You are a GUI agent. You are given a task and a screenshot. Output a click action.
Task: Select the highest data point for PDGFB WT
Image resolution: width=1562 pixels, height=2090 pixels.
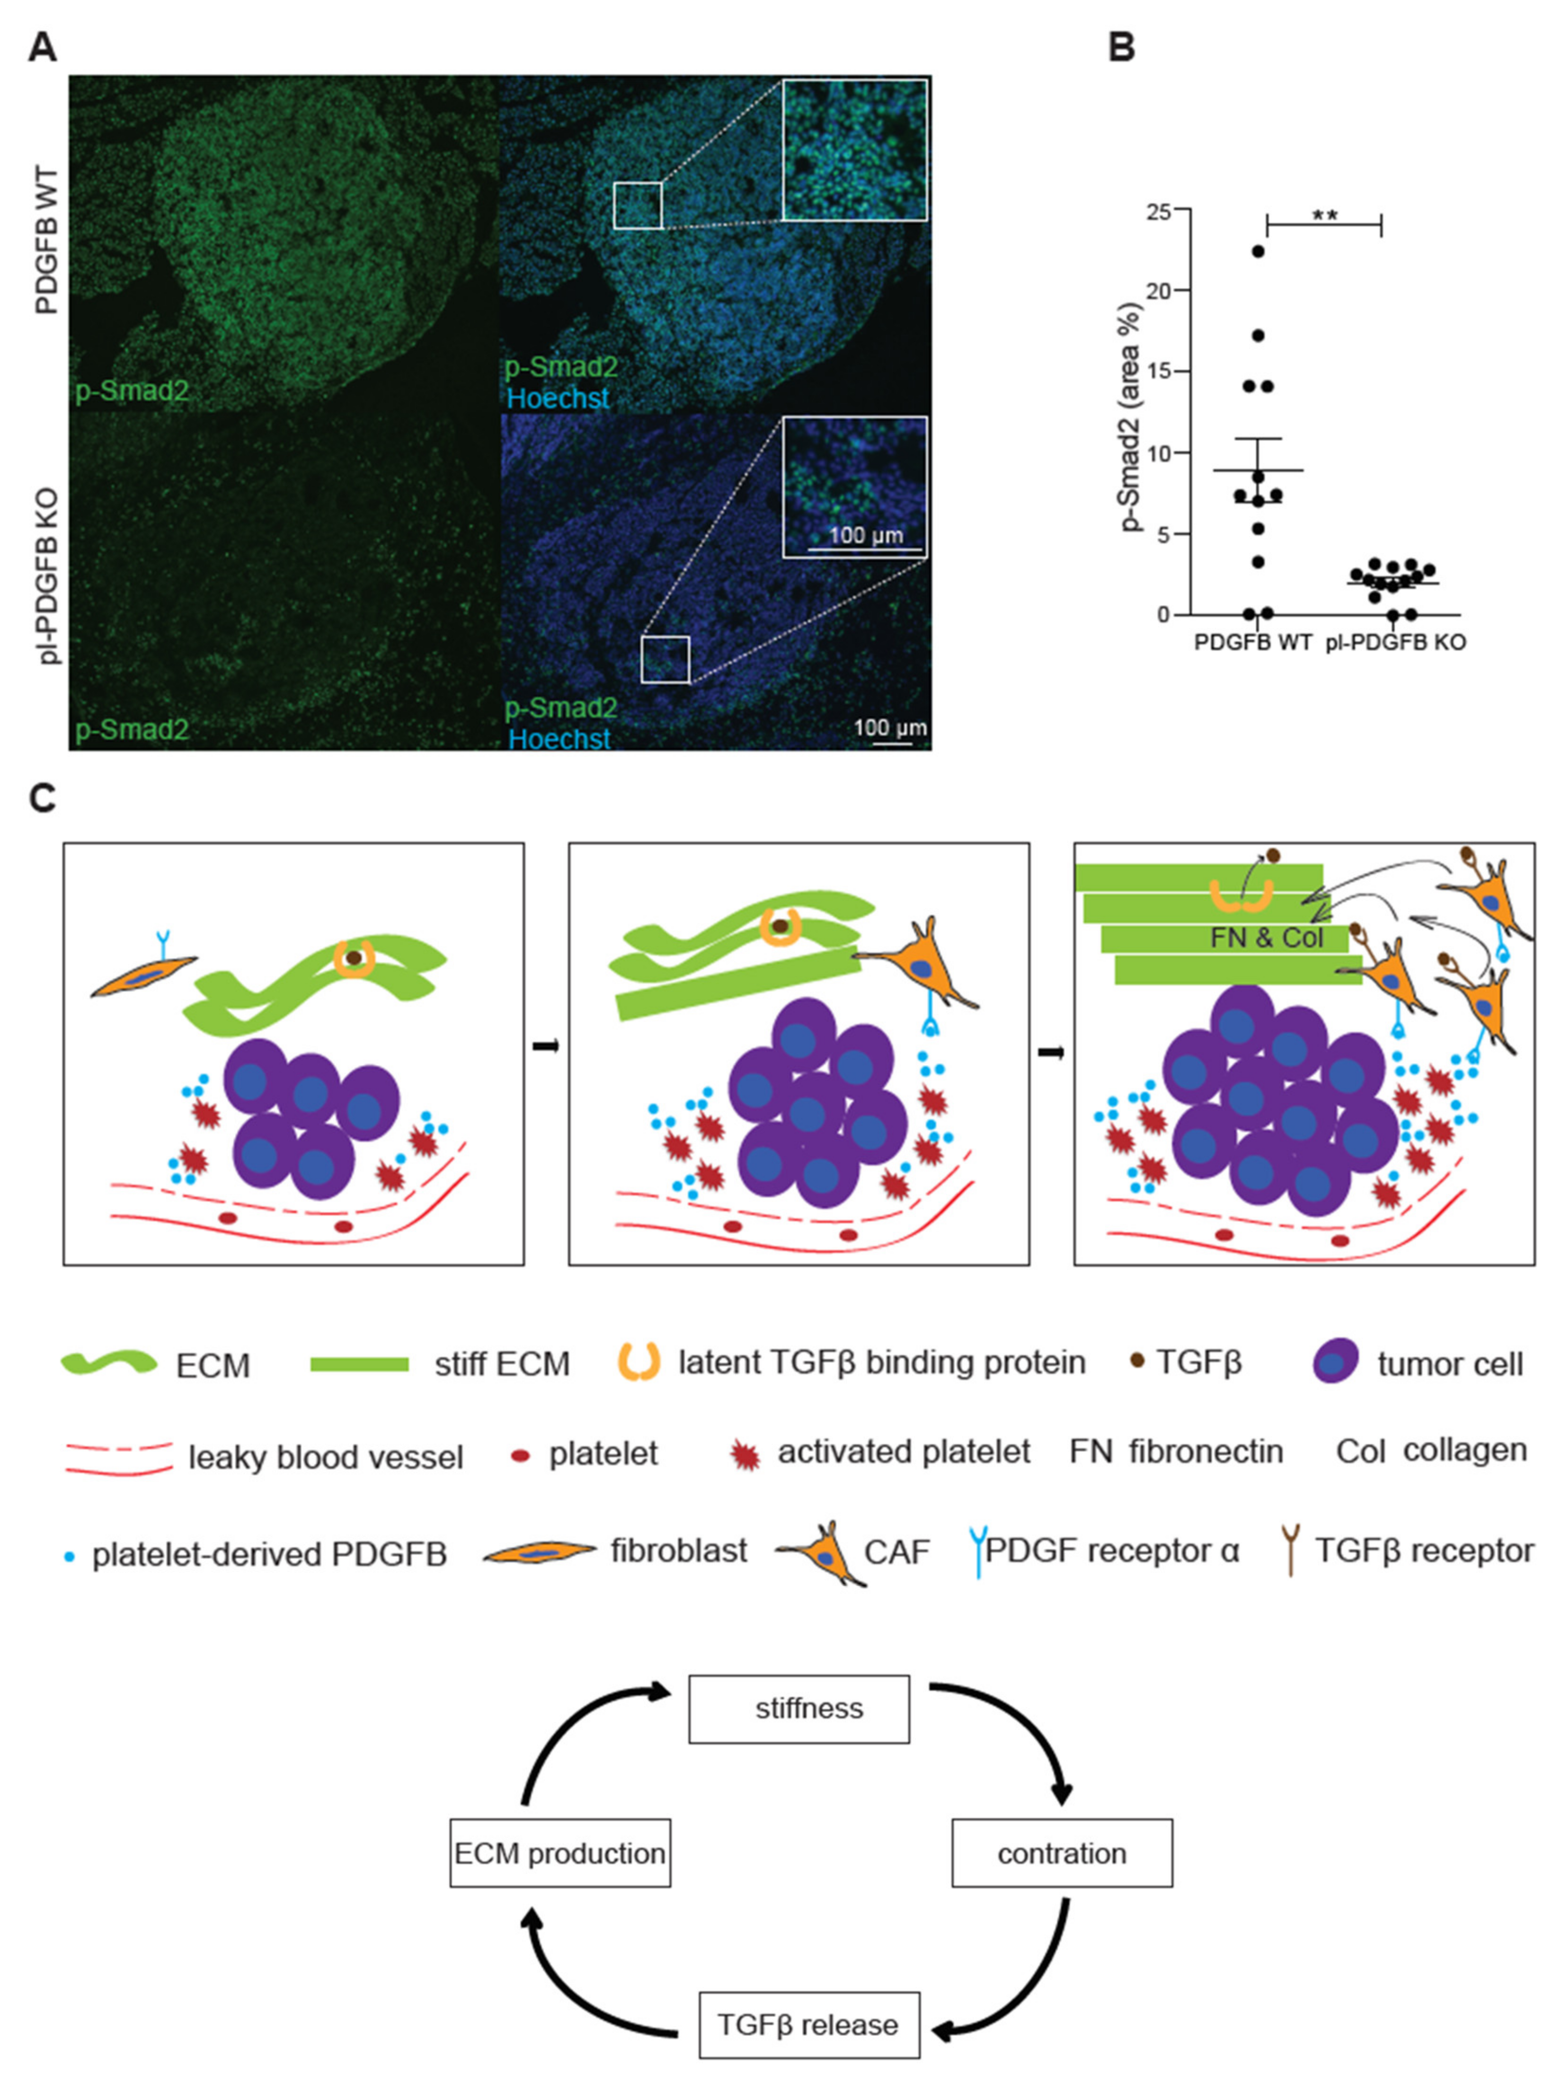point(1258,251)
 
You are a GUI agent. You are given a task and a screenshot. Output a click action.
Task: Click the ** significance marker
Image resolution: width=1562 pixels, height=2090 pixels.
point(1324,215)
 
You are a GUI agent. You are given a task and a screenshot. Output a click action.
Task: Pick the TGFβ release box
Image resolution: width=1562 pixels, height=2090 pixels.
point(808,2025)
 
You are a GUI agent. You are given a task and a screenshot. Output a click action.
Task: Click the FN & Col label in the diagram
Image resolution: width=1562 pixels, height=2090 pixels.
point(1266,938)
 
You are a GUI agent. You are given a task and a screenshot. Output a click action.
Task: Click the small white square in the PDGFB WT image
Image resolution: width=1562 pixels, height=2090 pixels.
point(638,206)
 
